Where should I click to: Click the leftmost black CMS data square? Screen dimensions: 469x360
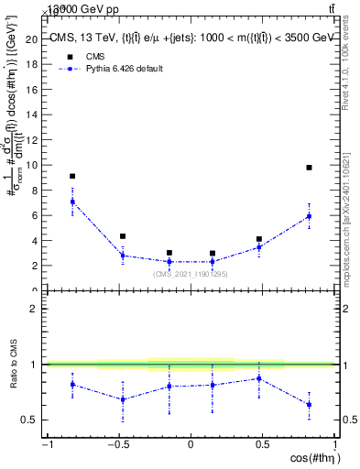tap(72, 176)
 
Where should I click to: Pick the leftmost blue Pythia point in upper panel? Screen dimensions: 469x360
tap(72, 202)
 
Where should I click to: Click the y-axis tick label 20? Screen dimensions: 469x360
tap(33, 39)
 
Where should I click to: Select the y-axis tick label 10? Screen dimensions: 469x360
tap(33, 165)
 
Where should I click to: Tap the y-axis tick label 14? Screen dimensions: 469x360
tap(33, 115)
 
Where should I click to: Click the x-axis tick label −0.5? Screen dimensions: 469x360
tap(117, 445)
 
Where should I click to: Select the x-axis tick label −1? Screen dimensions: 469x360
tap(46, 445)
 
